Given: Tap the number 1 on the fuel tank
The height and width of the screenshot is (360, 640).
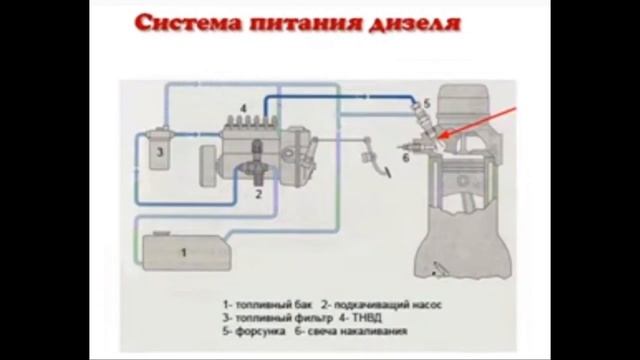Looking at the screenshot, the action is [x=183, y=253].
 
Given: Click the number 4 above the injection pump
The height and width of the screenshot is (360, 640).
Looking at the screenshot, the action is [x=243, y=106].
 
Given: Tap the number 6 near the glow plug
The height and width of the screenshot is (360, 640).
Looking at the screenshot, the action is [x=405, y=157].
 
